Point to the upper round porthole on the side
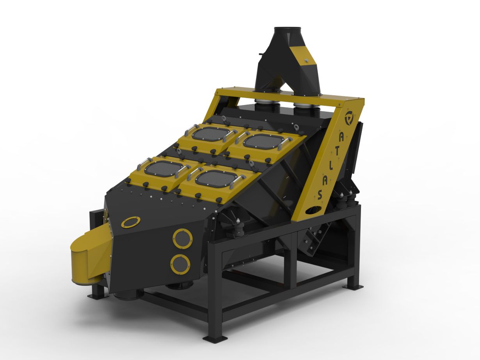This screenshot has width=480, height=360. click(x=182, y=239)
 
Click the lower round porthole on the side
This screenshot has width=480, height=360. click(x=180, y=264)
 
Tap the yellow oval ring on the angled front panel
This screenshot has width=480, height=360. click(x=131, y=222)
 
